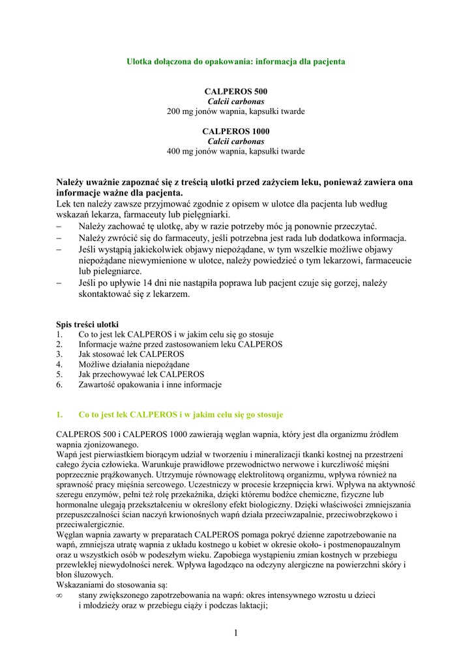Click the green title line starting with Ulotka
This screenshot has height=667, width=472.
point(235,61)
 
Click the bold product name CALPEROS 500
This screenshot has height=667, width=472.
point(236,92)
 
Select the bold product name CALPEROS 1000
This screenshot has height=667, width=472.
point(236,132)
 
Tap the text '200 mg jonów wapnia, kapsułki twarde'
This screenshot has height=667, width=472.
point(236,111)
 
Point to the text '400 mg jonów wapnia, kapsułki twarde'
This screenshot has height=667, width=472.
point(236,151)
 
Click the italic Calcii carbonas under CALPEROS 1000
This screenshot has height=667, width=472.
point(236,141)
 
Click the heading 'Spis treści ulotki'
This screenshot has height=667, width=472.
point(87,324)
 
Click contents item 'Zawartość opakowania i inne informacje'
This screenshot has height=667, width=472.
point(150,384)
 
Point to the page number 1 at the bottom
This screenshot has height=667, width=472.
point(236,633)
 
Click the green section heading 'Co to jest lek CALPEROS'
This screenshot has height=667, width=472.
point(181,414)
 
